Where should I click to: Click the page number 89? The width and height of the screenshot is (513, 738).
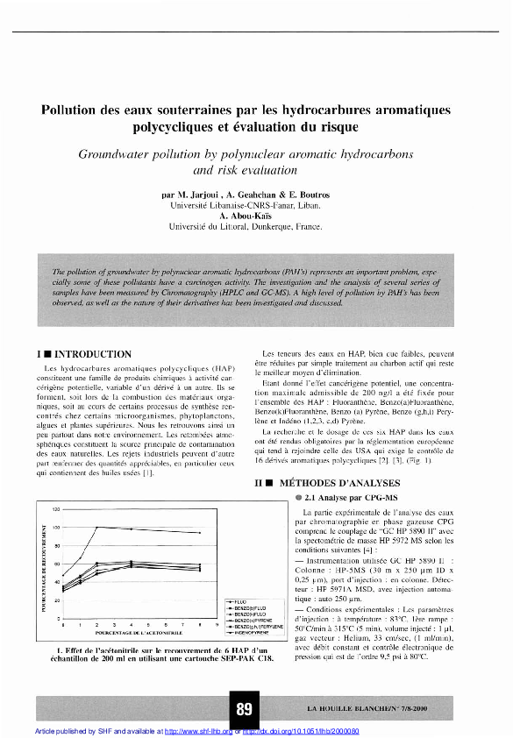[x=245, y=706]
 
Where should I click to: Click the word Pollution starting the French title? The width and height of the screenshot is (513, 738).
[x=75, y=111]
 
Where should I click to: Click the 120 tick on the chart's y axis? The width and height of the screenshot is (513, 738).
[x=54, y=509]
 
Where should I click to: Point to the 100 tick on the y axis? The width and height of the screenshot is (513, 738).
[x=54, y=528]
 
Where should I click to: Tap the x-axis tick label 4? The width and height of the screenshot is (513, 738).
[x=130, y=624]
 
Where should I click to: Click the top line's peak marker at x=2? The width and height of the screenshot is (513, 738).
[x=97, y=528]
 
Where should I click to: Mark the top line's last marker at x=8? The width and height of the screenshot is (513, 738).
[x=200, y=533]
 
